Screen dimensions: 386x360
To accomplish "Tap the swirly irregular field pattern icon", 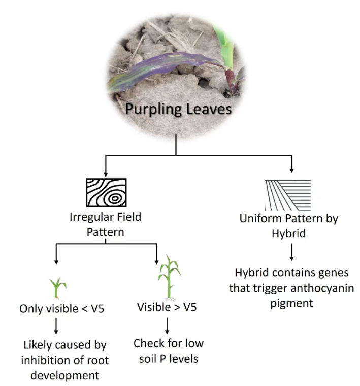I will coord(106,193).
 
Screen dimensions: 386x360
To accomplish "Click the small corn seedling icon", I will coord(58,287).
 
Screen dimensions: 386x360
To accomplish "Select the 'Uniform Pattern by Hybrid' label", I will coord(289,225).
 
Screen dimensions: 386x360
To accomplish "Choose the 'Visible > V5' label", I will coord(168,307).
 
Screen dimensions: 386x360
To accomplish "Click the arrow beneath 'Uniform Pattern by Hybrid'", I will coord(291,253).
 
